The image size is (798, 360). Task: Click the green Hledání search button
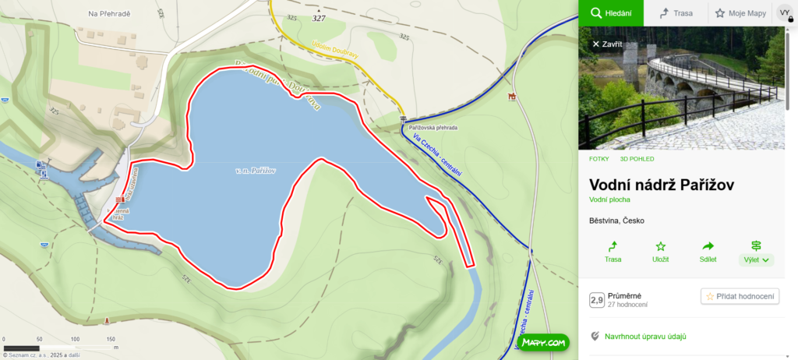point(610,13)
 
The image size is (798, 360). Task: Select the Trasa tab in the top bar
point(676,13)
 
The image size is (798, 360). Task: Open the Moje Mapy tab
point(740,13)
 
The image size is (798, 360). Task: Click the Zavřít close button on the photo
point(607,44)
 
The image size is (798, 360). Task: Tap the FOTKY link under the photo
point(599,159)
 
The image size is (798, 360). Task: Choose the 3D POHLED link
point(637,159)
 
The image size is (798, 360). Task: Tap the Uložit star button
point(661,252)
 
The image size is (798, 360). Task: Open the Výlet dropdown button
point(755,252)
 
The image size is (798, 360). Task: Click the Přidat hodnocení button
point(740,296)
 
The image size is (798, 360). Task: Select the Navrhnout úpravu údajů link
point(644,337)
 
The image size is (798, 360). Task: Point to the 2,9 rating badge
point(597,300)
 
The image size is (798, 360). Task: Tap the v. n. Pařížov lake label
point(256,170)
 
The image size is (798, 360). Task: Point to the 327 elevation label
point(319,18)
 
